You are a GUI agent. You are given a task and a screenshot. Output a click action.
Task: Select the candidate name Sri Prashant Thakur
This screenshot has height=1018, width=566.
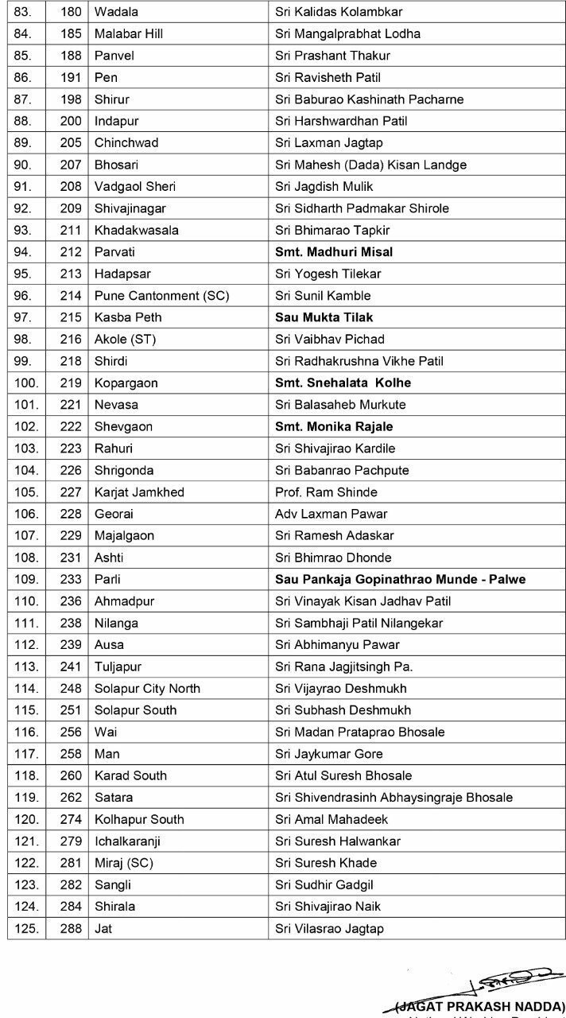pyautogui.click(x=332, y=56)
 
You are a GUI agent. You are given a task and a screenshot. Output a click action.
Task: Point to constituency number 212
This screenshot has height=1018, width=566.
pyautogui.click(x=71, y=252)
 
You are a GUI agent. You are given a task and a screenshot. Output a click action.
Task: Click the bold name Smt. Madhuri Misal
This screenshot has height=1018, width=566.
pyautogui.click(x=334, y=252)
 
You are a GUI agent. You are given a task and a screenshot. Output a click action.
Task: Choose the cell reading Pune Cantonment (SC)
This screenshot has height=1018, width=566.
pyautogui.click(x=161, y=296)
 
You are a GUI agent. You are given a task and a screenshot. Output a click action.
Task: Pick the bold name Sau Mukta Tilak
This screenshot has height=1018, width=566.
pyautogui.click(x=324, y=317)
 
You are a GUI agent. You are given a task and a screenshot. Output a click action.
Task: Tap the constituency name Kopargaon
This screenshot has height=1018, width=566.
pyautogui.click(x=126, y=383)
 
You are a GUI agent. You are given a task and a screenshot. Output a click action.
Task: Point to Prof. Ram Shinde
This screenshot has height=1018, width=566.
pyautogui.click(x=326, y=492)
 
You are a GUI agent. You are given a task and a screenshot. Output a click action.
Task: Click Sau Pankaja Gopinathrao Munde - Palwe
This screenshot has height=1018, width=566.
pyautogui.click(x=400, y=579)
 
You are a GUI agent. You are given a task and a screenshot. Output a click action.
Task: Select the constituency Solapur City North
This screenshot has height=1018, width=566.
pyautogui.click(x=147, y=688)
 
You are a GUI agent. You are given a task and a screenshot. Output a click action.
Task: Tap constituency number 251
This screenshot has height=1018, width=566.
pyautogui.click(x=71, y=710)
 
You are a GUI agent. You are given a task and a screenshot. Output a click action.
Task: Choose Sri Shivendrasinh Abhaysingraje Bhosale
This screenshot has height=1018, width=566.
pyautogui.click(x=393, y=797)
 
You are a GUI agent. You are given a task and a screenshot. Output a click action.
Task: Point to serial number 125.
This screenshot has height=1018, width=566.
pyautogui.click(x=25, y=928)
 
